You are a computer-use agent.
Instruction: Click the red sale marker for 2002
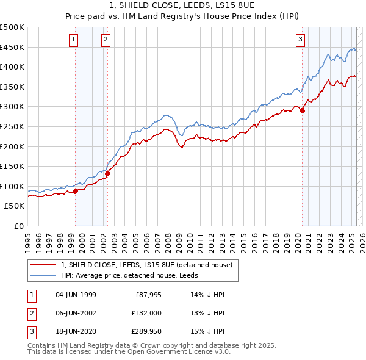tap(108, 173)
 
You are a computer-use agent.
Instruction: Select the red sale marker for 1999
tap(76, 191)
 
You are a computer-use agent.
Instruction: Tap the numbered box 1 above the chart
tap(73, 40)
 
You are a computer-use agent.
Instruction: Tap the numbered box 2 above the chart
tap(106, 40)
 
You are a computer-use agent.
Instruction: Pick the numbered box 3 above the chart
tap(301, 40)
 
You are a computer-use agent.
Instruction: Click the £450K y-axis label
tap(12, 47)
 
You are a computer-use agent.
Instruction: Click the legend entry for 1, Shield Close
tap(146, 265)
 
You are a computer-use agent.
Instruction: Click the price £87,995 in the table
tap(147, 295)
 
